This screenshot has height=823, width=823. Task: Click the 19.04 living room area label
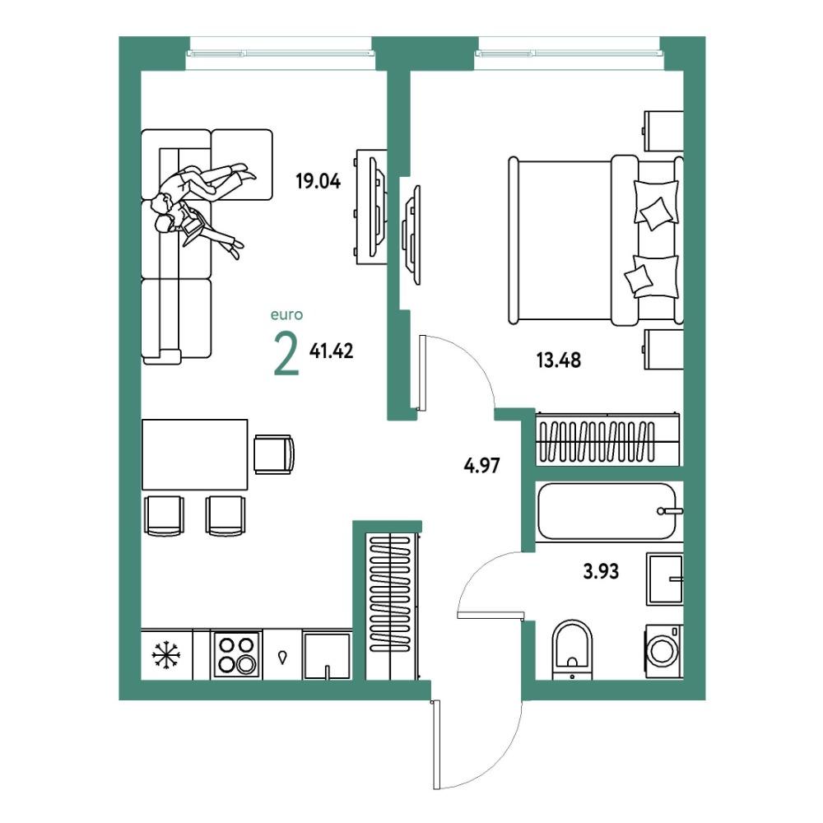[x=318, y=181]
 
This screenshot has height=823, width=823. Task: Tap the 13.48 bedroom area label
[x=559, y=360]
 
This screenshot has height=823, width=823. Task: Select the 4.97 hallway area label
[x=481, y=465]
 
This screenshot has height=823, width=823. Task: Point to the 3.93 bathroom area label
[x=601, y=570]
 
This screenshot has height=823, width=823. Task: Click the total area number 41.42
[x=331, y=350]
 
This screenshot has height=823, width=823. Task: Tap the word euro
[x=286, y=315]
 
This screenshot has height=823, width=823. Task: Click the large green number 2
[x=286, y=355]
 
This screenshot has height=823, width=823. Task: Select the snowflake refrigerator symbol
[x=166, y=655]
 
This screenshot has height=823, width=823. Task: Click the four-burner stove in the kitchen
[x=237, y=654]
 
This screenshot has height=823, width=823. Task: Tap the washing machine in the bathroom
[x=664, y=650]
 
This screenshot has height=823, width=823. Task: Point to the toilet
[x=572, y=649]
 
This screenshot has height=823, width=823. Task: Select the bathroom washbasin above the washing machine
[x=665, y=579]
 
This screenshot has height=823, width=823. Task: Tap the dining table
[x=195, y=454]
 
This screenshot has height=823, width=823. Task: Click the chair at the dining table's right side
[x=274, y=454]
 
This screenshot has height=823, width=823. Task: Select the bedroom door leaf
[x=422, y=373]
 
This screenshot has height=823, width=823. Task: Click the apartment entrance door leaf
[x=435, y=745]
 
